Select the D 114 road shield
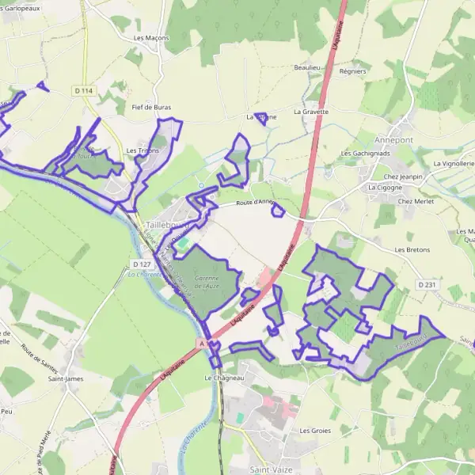[84, 91]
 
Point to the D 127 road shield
[142, 264]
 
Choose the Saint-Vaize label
[268, 469]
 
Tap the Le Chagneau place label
[224, 378]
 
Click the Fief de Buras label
[150, 105]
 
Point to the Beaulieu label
[306, 68]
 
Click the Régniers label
[351, 71]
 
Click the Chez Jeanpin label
[403, 177]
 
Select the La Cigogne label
[386, 188]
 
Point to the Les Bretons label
[412, 249]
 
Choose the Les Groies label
[315, 431]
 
